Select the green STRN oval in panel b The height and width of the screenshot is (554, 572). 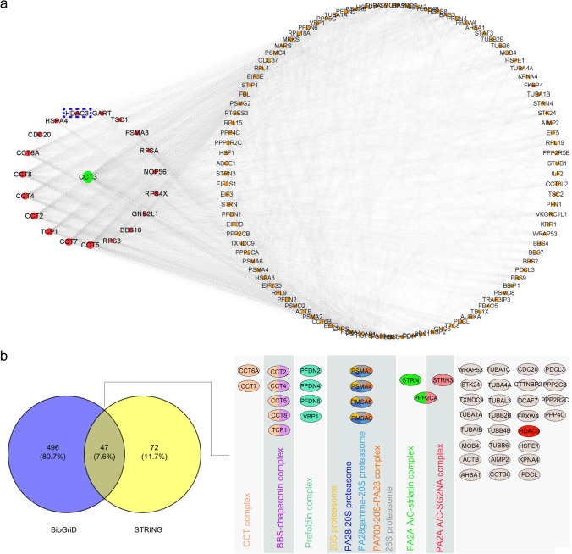pos(412,356)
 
